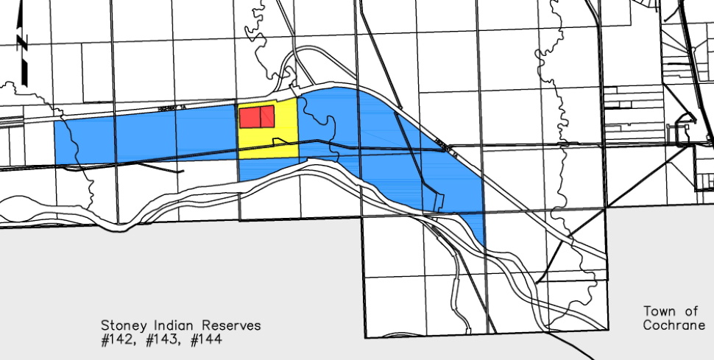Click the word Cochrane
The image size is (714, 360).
coord(674,325)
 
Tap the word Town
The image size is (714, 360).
coord(659,311)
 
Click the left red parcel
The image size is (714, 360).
coord(250,116)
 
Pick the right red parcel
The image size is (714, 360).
coord(267,116)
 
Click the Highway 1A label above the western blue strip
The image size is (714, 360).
coord(174,107)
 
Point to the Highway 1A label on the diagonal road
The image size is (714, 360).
coord(446,148)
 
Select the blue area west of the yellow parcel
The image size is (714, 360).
coord(147,136)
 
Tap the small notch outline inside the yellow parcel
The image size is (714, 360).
coord(280,140)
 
